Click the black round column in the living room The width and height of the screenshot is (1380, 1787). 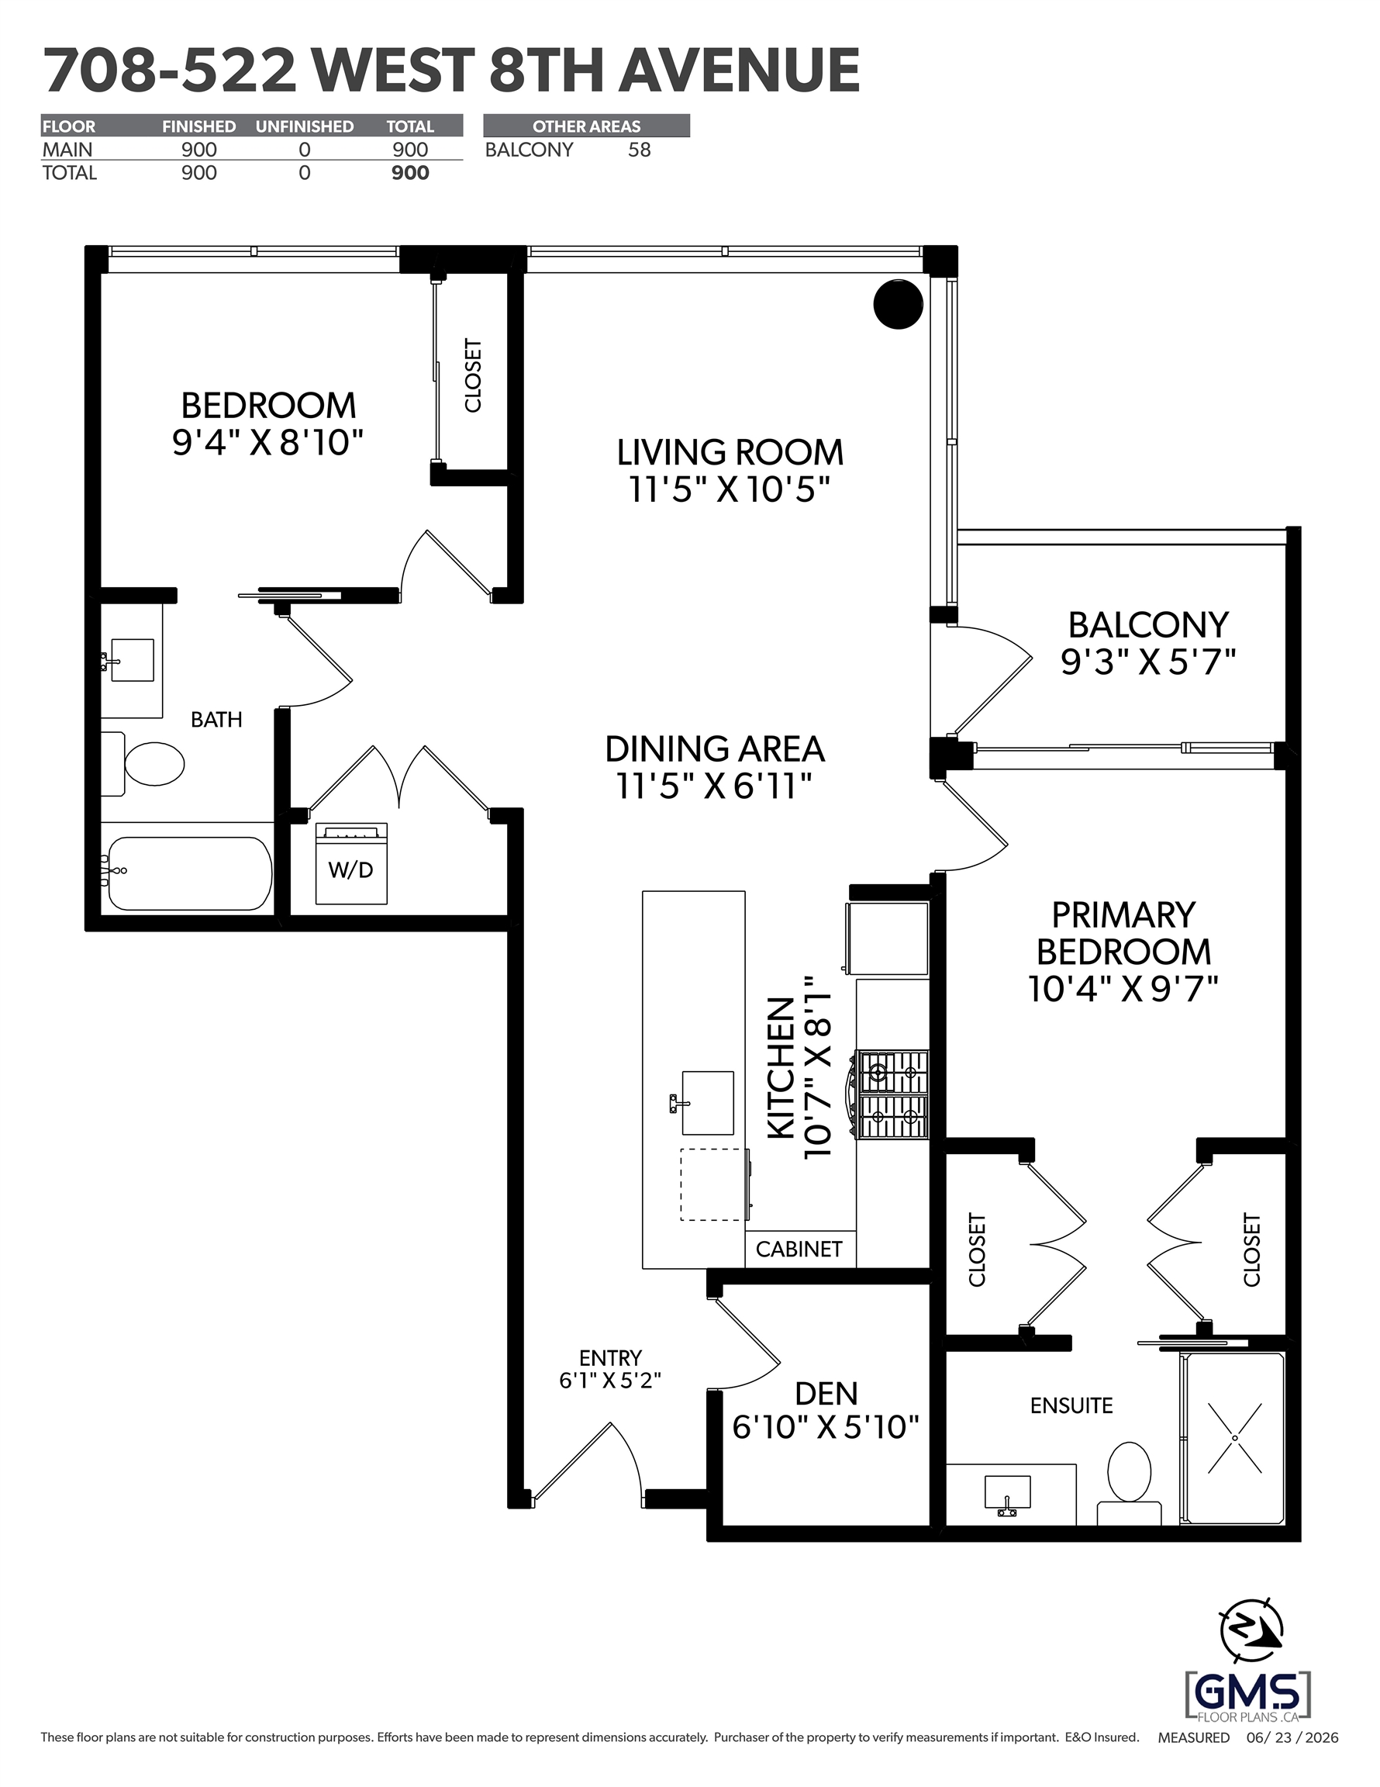899,304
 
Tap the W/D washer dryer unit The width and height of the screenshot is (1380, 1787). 352,863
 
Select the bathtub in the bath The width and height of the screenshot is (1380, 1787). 189,873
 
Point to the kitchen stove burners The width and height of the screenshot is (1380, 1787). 892,1095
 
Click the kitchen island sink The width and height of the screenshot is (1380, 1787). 706,1103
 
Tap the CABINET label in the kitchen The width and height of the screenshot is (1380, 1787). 799,1249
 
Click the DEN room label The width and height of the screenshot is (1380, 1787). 826,1393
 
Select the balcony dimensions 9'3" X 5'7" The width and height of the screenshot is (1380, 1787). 1147,661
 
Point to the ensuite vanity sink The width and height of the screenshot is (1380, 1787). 1007,1495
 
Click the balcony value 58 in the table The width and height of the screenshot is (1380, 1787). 640,150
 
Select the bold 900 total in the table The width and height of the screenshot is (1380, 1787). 410,173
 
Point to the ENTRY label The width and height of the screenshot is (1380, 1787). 610,1358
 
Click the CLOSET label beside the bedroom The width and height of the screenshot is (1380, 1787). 473,375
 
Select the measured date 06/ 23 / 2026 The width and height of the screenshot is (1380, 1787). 1292,1737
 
